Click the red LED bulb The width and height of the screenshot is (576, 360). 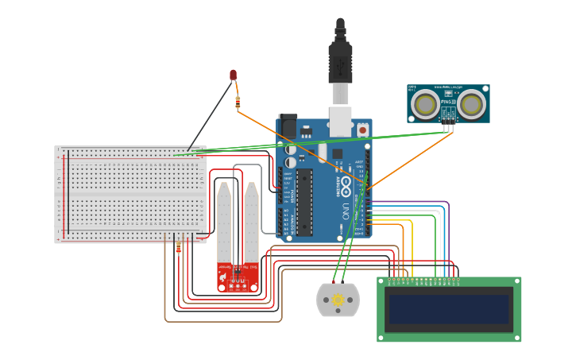click(233, 75)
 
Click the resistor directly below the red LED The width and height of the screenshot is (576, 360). click(238, 100)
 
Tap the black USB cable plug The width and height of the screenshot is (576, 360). click(340, 60)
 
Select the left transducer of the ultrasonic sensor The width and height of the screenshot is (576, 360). click(425, 103)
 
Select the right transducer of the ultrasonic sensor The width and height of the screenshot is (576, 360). click(471, 103)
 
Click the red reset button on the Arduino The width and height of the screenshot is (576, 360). click(363, 130)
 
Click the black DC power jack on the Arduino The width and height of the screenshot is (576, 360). click(288, 127)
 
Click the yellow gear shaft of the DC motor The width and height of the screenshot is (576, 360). click(338, 300)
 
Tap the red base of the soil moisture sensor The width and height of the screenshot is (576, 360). click(238, 278)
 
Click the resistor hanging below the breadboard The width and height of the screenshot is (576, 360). click(178, 249)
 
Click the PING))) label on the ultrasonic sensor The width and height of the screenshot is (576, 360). click(448, 102)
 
